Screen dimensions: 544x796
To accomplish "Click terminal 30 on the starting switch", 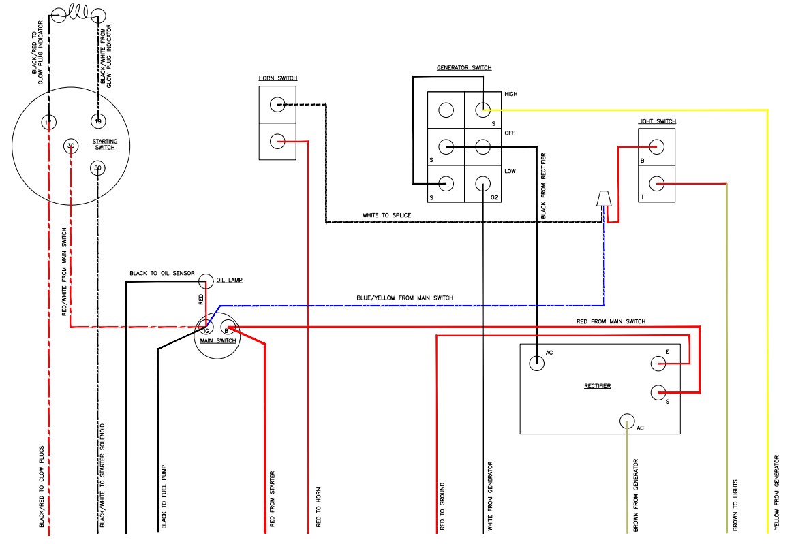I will point(71,146).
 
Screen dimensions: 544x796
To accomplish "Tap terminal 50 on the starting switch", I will point(97,167).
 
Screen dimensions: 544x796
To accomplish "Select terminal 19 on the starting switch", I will point(97,122).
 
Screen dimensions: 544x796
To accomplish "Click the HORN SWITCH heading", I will point(277,78).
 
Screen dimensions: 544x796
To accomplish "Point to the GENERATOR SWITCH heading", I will point(463,68).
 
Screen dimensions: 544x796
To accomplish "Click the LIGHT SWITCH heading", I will point(656,121).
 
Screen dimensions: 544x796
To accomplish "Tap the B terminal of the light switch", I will point(656,146).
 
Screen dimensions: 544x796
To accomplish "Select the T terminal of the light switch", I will point(656,183).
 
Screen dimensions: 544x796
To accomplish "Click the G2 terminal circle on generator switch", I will point(483,183).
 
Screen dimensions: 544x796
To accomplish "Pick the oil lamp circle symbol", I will point(206,281).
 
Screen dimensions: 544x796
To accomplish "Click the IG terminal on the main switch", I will point(206,331).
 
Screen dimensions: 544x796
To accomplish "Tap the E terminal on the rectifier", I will point(658,364).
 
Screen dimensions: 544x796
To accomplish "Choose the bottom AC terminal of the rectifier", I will point(627,421).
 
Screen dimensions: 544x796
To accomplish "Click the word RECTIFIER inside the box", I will point(597,386).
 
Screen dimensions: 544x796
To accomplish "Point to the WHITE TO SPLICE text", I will point(386,215).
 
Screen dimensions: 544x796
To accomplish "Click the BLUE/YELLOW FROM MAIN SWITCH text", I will point(404,298).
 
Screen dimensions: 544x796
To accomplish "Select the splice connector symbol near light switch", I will point(603,198).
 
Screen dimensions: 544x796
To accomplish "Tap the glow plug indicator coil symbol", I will point(76,13).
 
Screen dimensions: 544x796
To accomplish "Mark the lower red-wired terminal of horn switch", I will point(277,142).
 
